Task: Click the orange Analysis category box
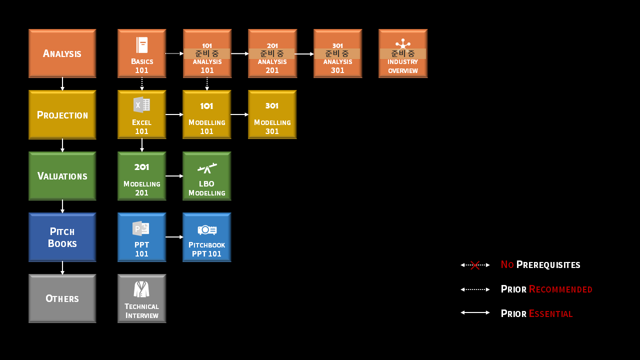click(x=62, y=53)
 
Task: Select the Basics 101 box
click(x=141, y=53)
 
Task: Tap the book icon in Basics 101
click(x=142, y=45)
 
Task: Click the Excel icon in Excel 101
click(x=141, y=105)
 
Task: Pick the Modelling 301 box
click(x=272, y=114)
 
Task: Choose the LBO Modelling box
click(x=207, y=176)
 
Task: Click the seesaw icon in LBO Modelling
click(x=207, y=168)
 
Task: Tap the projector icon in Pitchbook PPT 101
click(x=207, y=230)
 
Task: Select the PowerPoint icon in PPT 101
click(x=141, y=228)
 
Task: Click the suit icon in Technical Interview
click(x=141, y=289)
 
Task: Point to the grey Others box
click(x=62, y=298)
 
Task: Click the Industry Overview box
click(x=403, y=53)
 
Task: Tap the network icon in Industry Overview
click(x=403, y=43)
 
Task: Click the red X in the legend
click(x=475, y=265)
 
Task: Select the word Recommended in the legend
click(x=560, y=289)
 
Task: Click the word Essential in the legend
click(x=551, y=313)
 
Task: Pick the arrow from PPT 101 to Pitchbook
click(x=174, y=237)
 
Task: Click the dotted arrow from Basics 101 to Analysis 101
click(x=174, y=53)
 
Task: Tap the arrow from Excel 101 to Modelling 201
click(x=142, y=145)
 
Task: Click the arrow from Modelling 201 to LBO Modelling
click(x=174, y=176)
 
